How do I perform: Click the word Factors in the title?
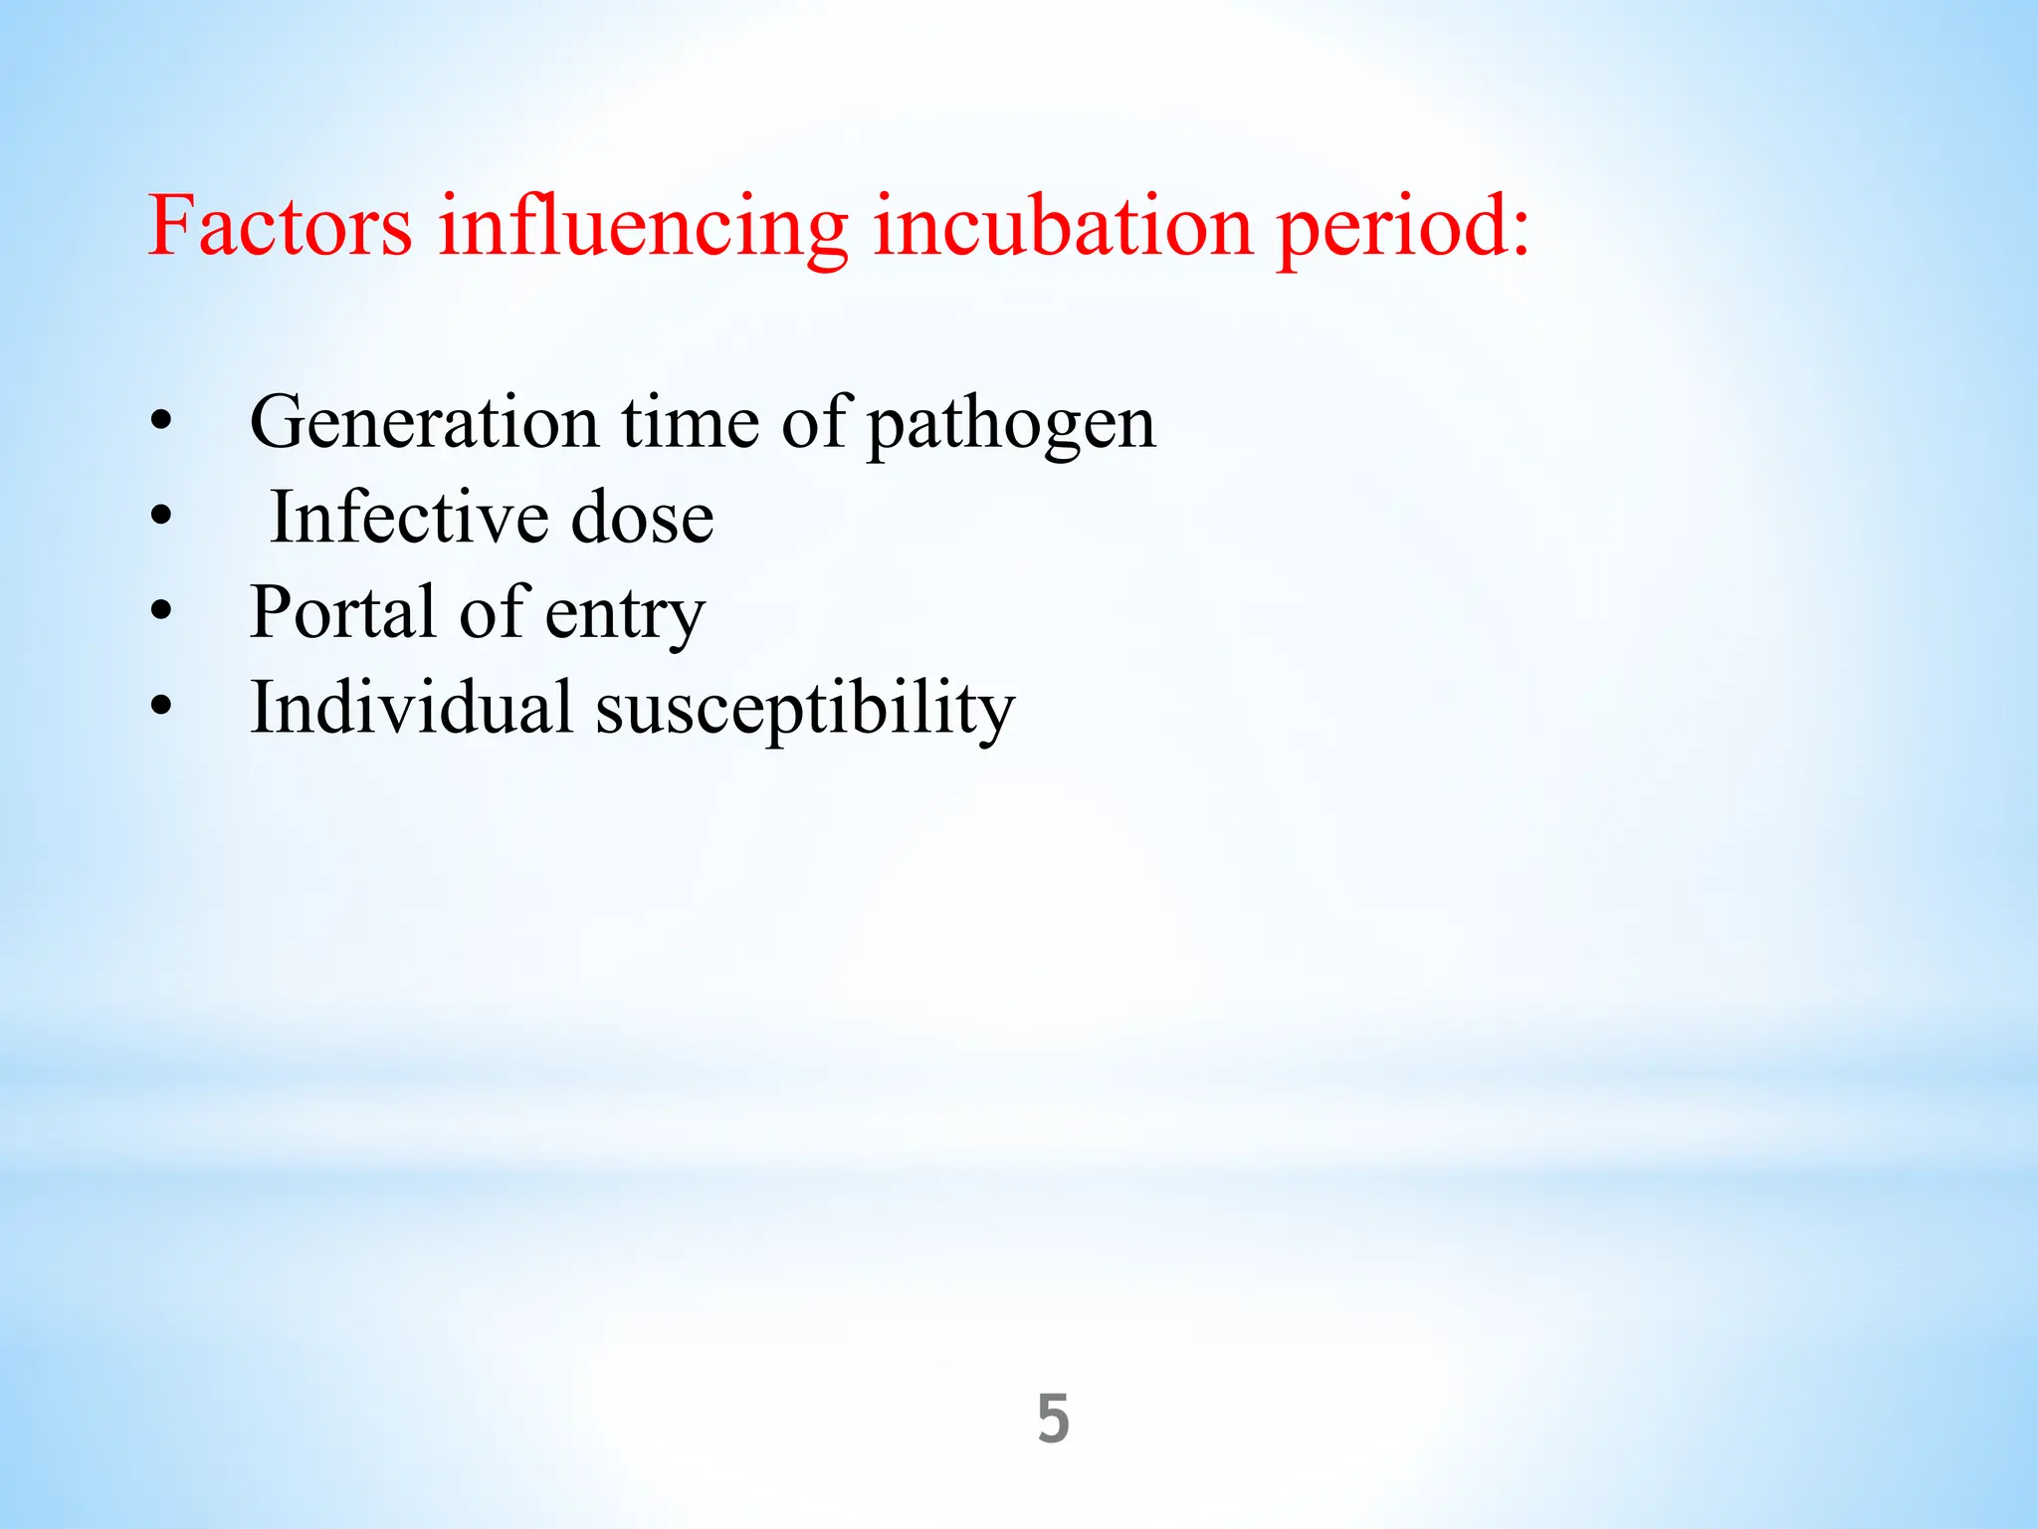(x=280, y=226)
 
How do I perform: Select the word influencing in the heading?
(x=643, y=226)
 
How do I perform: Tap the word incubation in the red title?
(x=1062, y=226)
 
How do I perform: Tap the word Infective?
(x=409, y=518)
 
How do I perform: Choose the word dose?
(x=642, y=518)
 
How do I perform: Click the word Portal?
(x=342, y=612)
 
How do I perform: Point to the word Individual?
(x=411, y=708)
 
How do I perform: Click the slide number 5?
(x=1053, y=1419)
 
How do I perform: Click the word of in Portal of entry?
(x=491, y=612)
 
